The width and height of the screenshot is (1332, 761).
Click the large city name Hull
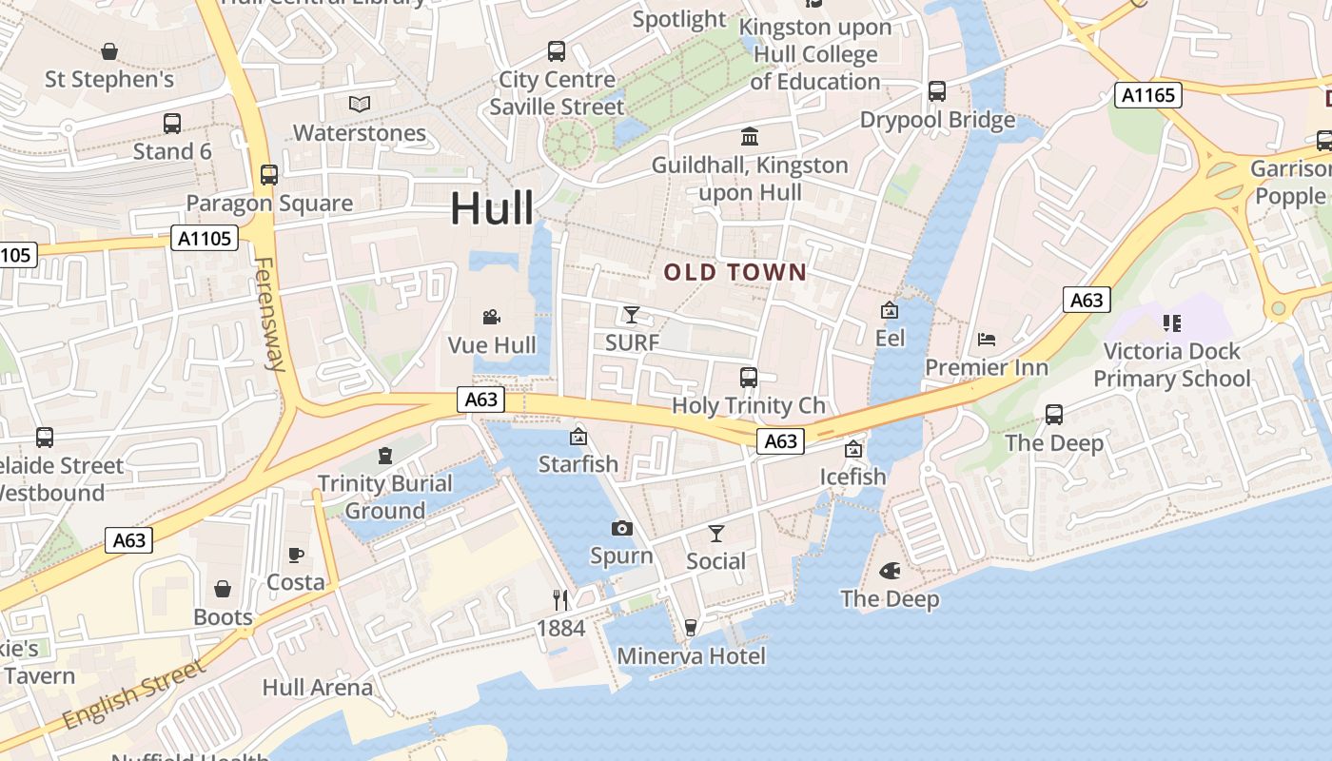click(x=491, y=207)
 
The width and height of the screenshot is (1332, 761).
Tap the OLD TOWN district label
click(x=735, y=273)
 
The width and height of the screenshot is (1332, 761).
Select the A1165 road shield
click(x=1148, y=95)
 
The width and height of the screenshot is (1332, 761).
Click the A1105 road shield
click(x=205, y=238)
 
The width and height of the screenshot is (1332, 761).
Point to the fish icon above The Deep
click(x=890, y=571)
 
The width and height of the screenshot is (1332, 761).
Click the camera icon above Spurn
click(x=621, y=528)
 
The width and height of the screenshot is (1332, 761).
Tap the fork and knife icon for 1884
click(x=560, y=600)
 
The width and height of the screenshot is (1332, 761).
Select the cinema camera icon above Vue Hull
click(x=491, y=317)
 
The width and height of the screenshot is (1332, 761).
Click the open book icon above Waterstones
click(x=359, y=104)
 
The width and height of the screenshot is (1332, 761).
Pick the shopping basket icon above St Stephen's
click(x=109, y=50)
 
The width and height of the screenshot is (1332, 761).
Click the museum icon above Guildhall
click(x=749, y=137)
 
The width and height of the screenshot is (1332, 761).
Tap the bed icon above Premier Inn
click(x=987, y=340)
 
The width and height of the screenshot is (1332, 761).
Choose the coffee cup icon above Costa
click(x=295, y=555)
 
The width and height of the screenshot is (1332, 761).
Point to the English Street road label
click(x=133, y=693)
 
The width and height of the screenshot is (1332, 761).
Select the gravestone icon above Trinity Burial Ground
click(x=384, y=456)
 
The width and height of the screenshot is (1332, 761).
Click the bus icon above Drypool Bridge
click(x=937, y=91)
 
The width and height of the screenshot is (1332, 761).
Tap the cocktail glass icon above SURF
click(x=632, y=314)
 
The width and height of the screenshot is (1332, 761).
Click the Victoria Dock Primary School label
click(x=1171, y=365)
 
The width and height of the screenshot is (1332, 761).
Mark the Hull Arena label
click(x=318, y=687)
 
